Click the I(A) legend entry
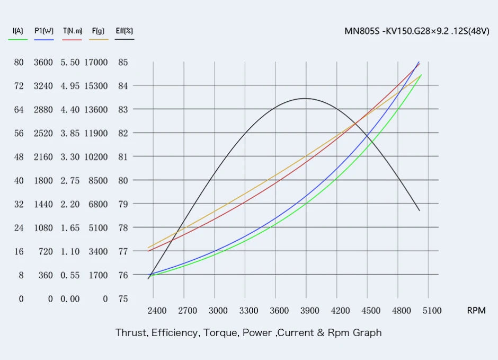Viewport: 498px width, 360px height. [x=17, y=31]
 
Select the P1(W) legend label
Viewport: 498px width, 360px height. [x=44, y=31]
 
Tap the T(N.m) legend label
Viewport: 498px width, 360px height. [x=72, y=31]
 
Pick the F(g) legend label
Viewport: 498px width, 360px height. [x=98, y=31]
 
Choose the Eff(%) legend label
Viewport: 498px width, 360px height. [x=124, y=31]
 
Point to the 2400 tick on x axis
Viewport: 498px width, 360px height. [x=156, y=311]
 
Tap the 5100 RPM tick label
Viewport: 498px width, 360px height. [x=432, y=311]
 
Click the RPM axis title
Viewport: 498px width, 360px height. [x=476, y=311]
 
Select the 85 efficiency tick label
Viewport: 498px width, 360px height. [x=122, y=62]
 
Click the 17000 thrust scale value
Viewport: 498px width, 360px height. [x=96, y=62]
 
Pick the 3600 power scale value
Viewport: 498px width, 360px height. [x=43, y=62]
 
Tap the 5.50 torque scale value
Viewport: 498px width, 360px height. [x=70, y=62]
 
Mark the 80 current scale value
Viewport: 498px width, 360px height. [x=19, y=62]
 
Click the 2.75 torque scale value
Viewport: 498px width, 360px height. [x=70, y=180]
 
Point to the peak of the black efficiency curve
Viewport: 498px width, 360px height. [x=306, y=98]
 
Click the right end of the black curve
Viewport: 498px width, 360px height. [x=420, y=211]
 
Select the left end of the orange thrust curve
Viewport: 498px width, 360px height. [x=148, y=248]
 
